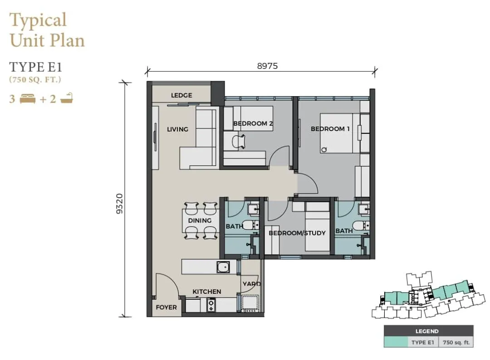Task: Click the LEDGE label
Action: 181,95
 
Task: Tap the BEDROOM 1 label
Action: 330,129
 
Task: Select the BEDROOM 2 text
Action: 253,123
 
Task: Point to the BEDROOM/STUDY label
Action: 297,233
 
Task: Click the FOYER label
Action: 166,307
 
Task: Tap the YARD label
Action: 252,284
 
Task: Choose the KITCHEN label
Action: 207,292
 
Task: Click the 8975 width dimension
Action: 267,66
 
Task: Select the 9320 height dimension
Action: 120,204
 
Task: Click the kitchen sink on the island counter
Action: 223,267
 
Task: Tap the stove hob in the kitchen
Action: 211,305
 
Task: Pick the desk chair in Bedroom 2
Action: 238,141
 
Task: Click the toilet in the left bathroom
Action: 250,225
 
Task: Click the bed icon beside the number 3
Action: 28,99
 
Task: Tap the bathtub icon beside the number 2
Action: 66,98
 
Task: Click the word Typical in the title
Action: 38,20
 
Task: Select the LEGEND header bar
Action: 428,331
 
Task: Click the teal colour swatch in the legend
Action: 396,342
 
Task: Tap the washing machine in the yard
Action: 250,303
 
